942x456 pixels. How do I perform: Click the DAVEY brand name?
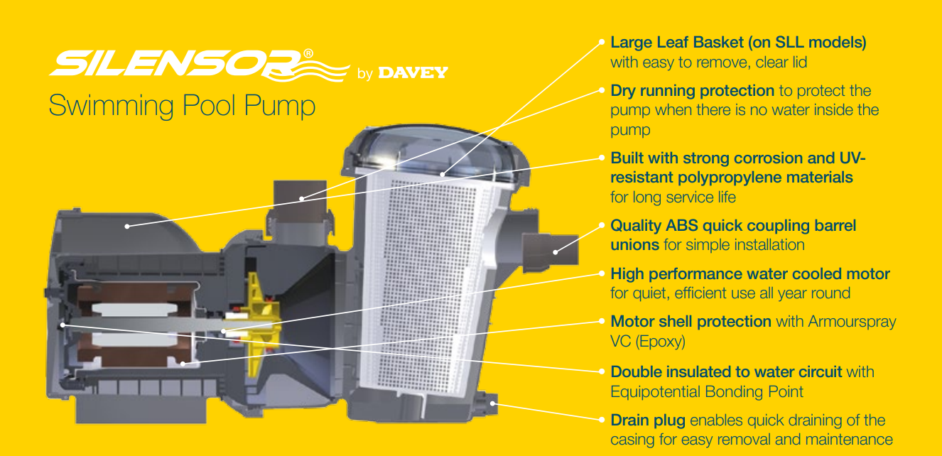(413, 72)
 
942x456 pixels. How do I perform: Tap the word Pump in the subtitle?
(279, 106)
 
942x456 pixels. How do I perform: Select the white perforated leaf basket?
(433, 281)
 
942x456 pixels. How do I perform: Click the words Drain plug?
(648, 420)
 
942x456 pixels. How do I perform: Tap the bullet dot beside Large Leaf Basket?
(602, 42)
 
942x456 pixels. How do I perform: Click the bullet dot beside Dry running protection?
(602, 90)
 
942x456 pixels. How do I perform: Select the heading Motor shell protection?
(691, 322)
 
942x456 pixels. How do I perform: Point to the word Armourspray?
(852, 322)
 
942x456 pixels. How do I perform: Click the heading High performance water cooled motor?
(749, 273)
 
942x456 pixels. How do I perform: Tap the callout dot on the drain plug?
(492, 404)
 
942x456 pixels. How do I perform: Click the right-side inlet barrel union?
(550, 251)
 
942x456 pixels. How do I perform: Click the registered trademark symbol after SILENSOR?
(308, 53)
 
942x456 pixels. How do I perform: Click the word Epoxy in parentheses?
(660, 342)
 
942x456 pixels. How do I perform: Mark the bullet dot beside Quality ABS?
(602, 225)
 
